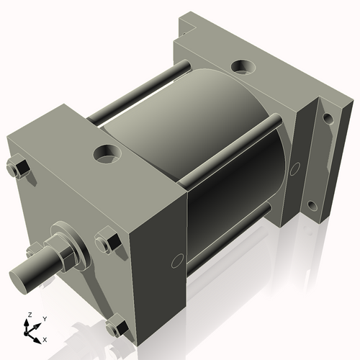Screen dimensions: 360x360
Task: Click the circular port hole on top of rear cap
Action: (x=240, y=68)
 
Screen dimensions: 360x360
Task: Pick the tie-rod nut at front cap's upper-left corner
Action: (x=19, y=170)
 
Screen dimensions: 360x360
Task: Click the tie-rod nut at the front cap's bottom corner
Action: (x=116, y=328)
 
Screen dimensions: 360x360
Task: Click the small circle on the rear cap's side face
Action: (x=294, y=170)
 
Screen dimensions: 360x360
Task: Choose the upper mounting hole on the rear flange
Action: (x=328, y=117)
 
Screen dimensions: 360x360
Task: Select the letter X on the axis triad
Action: (x=45, y=338)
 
